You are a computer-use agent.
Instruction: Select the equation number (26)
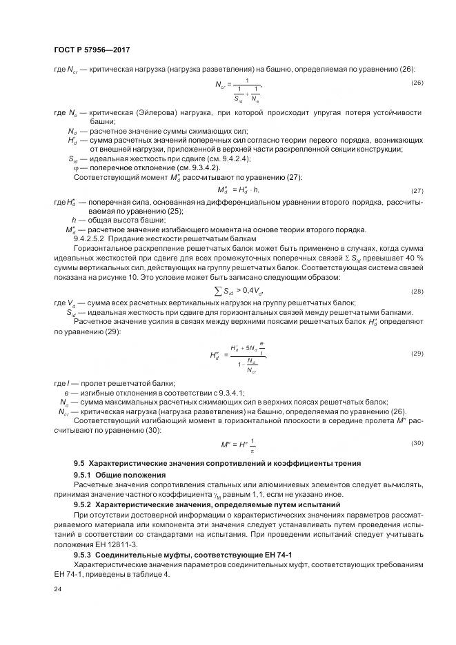(417, 83)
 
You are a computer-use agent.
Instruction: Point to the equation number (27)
(417, 190)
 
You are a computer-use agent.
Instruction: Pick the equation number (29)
(417, 354)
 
